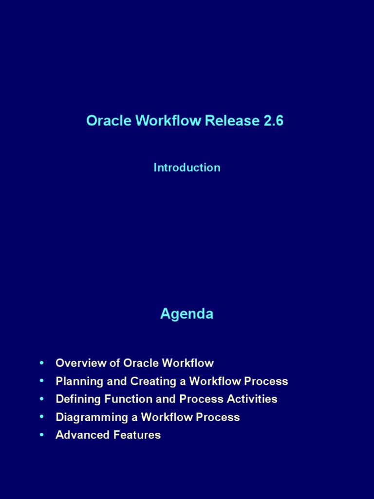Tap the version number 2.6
click(x=273, y=121)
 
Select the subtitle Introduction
click(x=187, y=168)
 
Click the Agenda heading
click(x=187, y=314)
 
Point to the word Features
click(x=137, y=435)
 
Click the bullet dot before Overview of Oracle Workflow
click(x=42, y=363)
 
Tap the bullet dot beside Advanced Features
click(x=42, y=435)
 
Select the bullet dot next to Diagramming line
click(x=42, y=417)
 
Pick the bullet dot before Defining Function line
click(x=42, y=399)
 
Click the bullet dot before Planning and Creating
click(x=42, y=381)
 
